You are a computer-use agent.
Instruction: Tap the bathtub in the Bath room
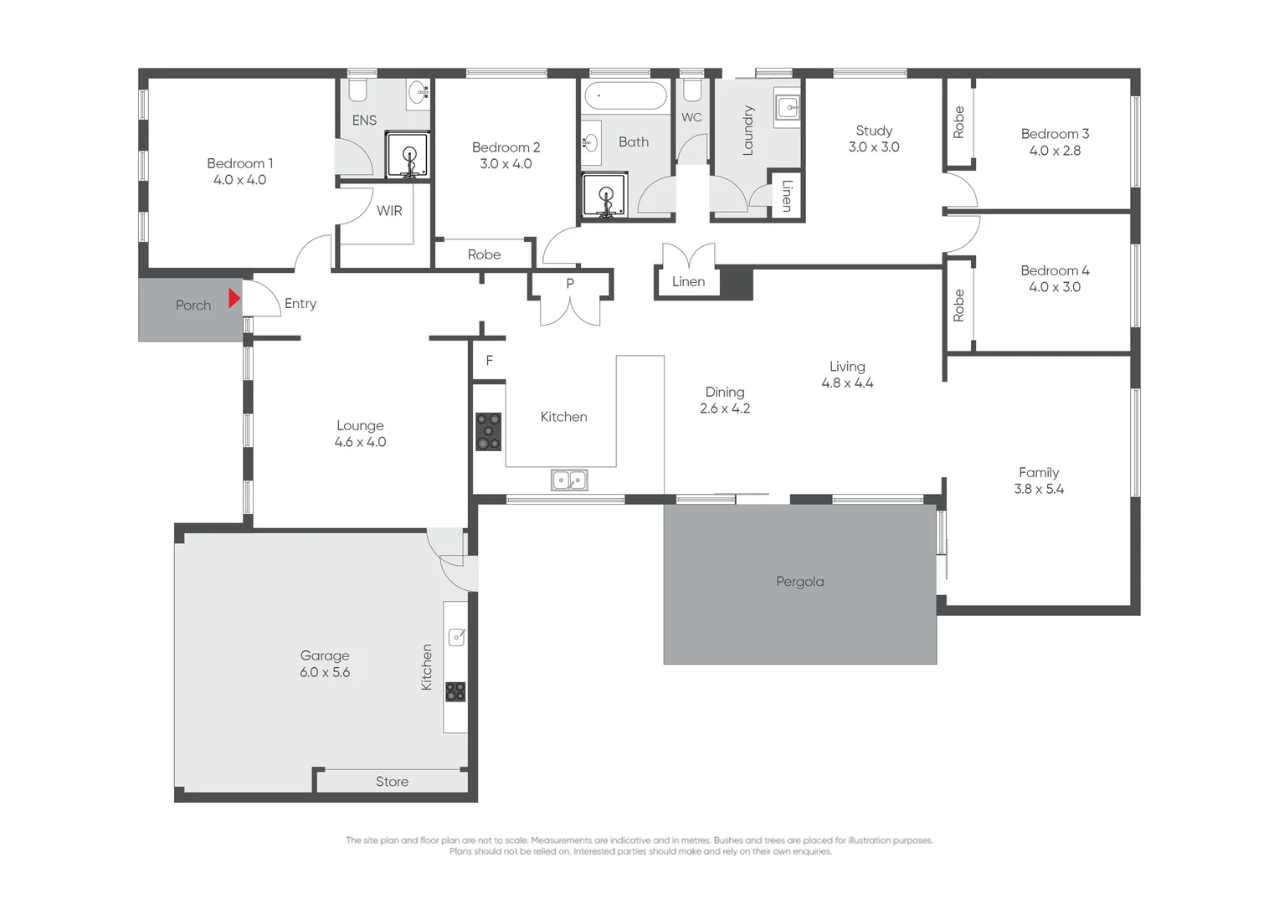click(x=625, y=95)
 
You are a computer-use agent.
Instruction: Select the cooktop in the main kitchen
click(x=489, y=432)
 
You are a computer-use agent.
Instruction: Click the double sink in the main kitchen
click(x=569, y=480)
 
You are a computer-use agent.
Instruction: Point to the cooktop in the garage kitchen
click(x=455, y=691)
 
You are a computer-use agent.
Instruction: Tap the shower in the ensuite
click(x=408, y=155)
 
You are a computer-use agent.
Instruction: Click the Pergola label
click(x=799, y=582)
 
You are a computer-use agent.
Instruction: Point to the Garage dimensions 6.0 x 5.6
click(x=325, y=672)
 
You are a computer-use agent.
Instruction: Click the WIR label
click(x=389, y=211)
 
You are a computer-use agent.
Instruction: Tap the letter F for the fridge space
click(x=490, y=360)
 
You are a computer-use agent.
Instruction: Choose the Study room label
click(x=874, y=131)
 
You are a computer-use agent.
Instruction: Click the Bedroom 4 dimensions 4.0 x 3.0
click(x=1055, y=286)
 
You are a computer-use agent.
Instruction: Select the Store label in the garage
click(x=392, y=781)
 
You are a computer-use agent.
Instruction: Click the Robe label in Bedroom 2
click(x=484, y=254)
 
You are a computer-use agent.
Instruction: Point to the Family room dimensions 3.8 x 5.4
click(x=1039, y=489)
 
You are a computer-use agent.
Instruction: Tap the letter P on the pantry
click(x=570, y=283)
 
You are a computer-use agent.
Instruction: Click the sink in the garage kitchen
click(x=457, y=637)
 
